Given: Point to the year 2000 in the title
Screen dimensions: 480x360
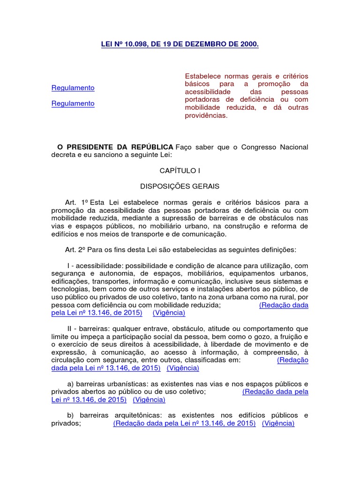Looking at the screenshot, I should click(x=248, y=44).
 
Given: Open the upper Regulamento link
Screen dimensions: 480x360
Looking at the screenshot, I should click(x=73, y=88).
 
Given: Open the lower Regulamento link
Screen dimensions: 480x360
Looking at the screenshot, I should click(x=73, y=104).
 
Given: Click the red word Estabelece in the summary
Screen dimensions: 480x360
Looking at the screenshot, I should click(x=202, y=76).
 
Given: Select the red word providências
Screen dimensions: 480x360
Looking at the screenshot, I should click(x=206, y=116).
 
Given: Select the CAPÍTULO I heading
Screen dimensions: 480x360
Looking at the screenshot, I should click(x=180, y=171).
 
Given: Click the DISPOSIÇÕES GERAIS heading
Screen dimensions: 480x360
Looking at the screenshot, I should click(x=180, y=186).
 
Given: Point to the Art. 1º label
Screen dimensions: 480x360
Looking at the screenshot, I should click(x=77, y=202).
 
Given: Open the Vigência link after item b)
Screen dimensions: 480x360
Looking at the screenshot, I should click(x=278, y=423).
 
